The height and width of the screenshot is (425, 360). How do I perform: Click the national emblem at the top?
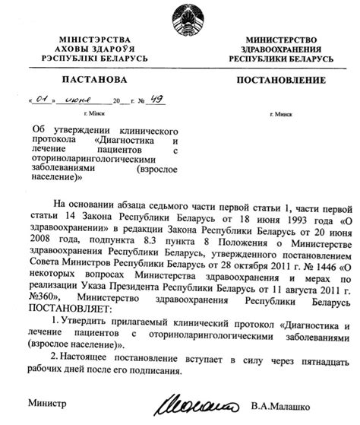180,16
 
